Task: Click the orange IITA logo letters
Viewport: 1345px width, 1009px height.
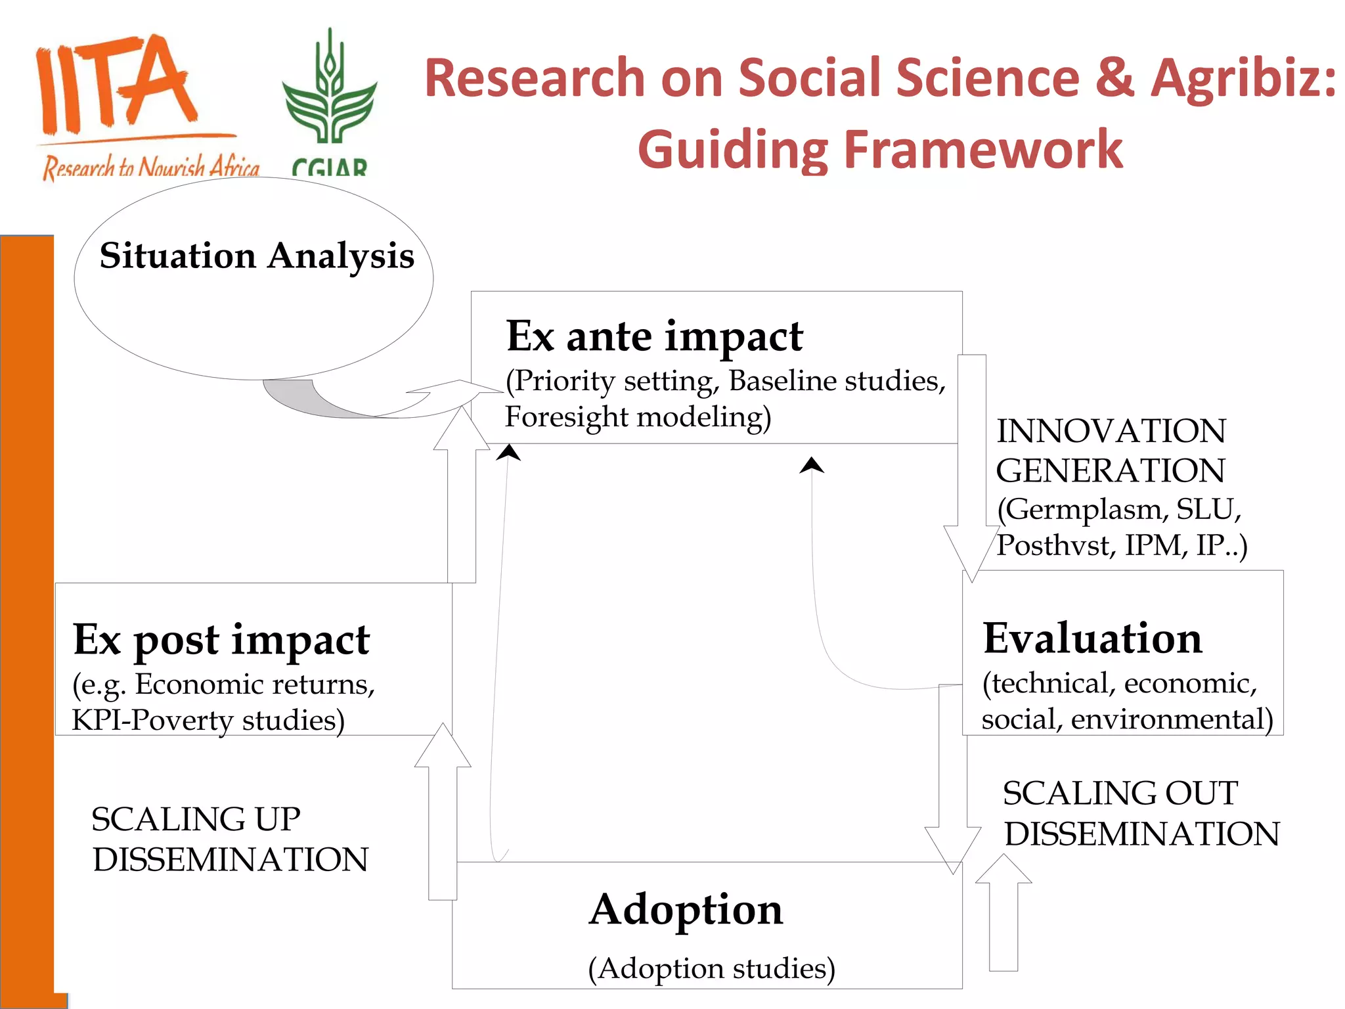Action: pos(115,85)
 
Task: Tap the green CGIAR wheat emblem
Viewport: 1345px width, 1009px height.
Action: pos(329,92)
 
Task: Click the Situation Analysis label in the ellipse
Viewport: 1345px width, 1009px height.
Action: pos(257,256)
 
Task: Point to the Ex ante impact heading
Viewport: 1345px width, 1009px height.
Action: pos(654,336)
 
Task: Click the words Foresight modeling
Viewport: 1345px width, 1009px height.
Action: pos(637,417)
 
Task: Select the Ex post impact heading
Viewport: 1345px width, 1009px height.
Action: pos(221,639)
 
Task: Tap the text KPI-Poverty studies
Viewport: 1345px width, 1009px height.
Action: pos(208,720)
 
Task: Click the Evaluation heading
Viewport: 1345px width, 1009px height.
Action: pos(1092,639)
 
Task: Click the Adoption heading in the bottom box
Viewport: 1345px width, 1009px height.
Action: pos(686,910)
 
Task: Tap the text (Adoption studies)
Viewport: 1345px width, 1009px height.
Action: pos(711,968)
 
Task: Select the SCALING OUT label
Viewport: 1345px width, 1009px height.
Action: pos(1120,794)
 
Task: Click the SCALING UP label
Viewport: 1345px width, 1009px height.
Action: pos(196,819)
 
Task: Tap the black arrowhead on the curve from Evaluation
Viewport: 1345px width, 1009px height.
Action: pos(812,465)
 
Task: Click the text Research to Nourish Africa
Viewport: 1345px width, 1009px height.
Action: pos(151,168)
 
